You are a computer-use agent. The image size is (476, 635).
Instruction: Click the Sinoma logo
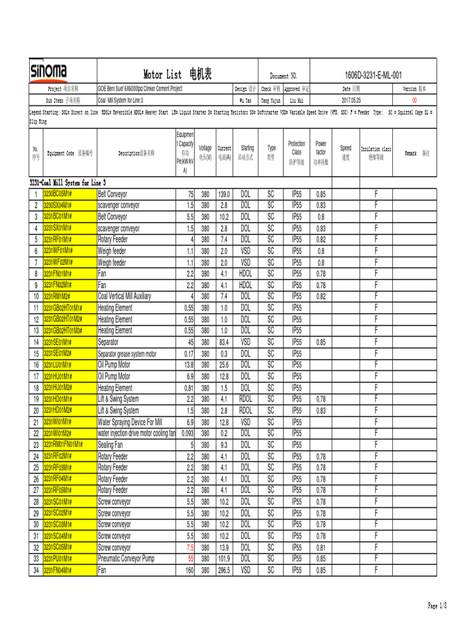pyautogui.click(x=50, y=73)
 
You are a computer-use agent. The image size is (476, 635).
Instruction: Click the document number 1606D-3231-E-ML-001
pyautogui.click(x=373, y=75)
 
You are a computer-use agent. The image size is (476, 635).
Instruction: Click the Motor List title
pyautogui.click(x=177, y=75)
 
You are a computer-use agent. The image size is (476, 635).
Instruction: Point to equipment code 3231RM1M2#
pyautogui.click(x=58, y=296)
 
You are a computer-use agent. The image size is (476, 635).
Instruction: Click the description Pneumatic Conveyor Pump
pyautogui.click(x=126, y=559)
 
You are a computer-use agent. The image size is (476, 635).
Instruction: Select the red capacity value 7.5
pyautogui.click(x=190, y=548)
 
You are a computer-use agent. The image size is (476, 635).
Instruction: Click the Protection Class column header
pyautogui.click(x=296, y=151)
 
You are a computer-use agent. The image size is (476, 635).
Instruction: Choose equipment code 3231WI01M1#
pyautogui.click(x=58, y=422)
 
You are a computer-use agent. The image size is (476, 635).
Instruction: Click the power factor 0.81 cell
pyautogui.click(x=320, y=548)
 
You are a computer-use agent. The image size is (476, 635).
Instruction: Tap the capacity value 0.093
pyautogui.click(x=187, y=433)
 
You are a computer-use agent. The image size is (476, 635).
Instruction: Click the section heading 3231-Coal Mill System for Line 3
pyautogui.click(x=68, y=183)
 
